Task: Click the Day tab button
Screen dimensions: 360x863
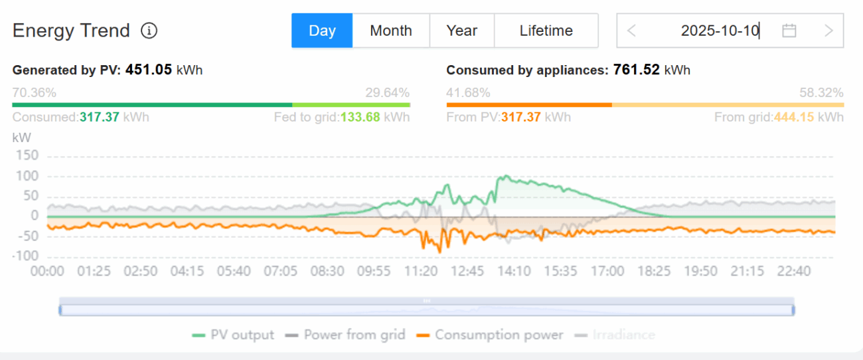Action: tap(322, 31)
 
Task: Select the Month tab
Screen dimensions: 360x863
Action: tap(391, 31)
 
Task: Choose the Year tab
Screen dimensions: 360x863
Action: tap(461, 31)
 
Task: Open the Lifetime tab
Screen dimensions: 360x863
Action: tap(546, 31)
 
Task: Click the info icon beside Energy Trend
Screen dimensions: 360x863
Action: tap(149, 31)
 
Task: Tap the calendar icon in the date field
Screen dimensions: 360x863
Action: tap(789, 31)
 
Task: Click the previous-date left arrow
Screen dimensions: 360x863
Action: tap(631, 31)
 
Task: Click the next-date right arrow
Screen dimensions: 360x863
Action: tap(828, 31)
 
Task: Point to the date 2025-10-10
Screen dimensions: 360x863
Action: tap(720, 31)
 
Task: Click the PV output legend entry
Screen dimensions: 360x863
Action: tap(233, 335)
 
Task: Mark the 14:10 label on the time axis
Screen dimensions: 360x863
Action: tap(514, 271)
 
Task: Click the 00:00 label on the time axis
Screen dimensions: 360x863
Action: tap(47, 271)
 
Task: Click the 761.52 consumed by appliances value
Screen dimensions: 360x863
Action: tap(636, 70)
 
